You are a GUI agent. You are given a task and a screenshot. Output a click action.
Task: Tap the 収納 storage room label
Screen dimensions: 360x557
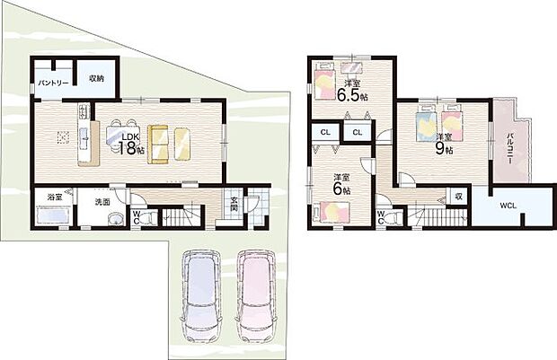pyautogui.click(x=95, y=78)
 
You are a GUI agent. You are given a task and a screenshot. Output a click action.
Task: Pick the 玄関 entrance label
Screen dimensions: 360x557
pyautogui.click(x=234, y=205)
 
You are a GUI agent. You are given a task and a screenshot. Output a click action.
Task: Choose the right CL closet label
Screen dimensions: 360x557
pyautogui.click(x=357, y=133)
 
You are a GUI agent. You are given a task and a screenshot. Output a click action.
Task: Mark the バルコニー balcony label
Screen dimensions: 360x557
pyautogui.click(x=509, y=144)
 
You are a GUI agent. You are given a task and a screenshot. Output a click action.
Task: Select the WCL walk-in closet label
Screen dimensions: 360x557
pyautogui.click(x=509, y=206)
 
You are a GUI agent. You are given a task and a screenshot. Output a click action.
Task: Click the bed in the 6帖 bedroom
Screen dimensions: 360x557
pyautogui.click(x=333, y=212)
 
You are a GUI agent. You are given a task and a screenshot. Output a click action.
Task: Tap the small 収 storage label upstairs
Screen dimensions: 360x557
pyautogui.click(x=457, y=195)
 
